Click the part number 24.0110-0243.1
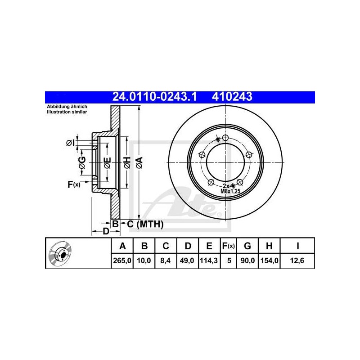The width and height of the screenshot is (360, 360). (154, 97)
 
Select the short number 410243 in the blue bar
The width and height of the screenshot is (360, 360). (232, 97)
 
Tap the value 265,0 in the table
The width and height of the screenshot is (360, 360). (122, 261)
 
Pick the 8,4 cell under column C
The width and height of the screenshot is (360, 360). (166, 261)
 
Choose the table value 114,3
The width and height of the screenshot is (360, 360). (209, 261)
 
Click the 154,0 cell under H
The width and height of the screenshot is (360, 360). (269, 261)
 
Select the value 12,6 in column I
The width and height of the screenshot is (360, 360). (297, 261)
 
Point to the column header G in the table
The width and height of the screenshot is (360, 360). (247, 246)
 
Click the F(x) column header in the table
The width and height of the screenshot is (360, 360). (229, 246)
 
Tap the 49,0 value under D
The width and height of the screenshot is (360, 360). (187, 261)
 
